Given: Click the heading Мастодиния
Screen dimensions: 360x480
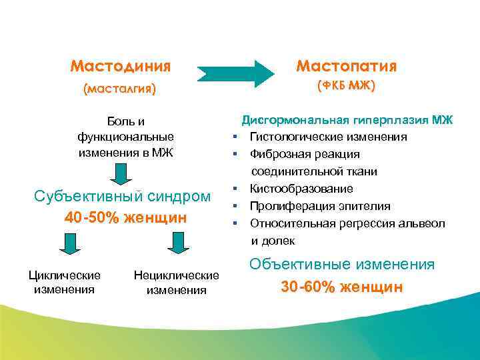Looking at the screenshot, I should [x=121, y=67].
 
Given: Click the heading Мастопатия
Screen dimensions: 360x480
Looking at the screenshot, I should [x=346, y=67].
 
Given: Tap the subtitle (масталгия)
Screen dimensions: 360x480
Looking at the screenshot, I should [x=119, y=89].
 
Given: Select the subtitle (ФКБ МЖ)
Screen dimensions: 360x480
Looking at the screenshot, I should [x=346, y=86].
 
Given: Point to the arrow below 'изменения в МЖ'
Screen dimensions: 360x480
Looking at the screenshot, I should [x=121, y=174].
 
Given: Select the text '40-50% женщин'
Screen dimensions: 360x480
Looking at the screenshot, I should [x=125, y=217].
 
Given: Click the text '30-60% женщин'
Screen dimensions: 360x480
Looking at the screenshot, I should [x=342, y=287].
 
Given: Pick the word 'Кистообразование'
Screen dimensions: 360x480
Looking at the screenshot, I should [x=301, y=189].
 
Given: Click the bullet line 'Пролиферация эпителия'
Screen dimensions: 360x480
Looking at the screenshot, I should [x=320, y=206].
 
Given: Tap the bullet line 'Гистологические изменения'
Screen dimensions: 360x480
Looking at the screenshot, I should [x=328, y=137].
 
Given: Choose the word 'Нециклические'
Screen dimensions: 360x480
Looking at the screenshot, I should [x=177, y=275].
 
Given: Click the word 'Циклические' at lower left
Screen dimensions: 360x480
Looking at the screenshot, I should [x=65, y=275].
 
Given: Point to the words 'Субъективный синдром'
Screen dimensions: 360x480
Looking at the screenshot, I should [x=122, y=197].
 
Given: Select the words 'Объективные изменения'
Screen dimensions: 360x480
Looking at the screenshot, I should [x=342, y=264].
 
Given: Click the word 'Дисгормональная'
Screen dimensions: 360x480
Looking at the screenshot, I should [x=296, y=120].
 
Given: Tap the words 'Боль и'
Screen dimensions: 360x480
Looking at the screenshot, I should [x=126, y=121].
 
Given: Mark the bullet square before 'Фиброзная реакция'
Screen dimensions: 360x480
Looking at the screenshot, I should [x=235, y=154].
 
